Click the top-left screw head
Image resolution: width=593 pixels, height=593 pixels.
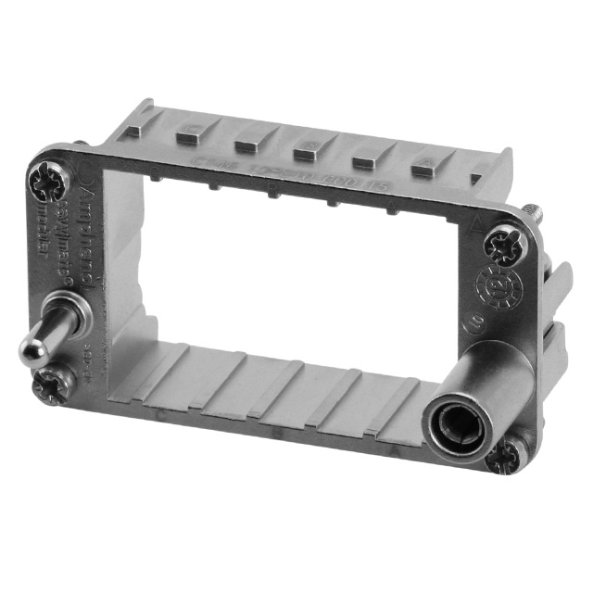click(x=46, y=183)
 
